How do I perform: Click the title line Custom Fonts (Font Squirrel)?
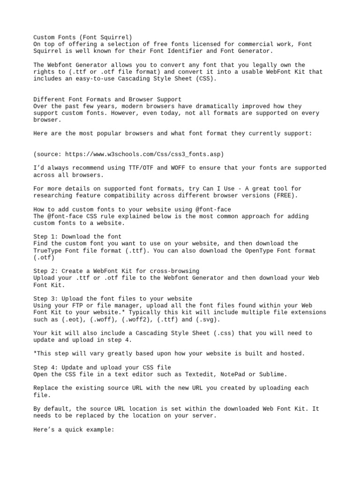pos(82,37)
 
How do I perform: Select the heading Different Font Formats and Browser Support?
pos(107,99)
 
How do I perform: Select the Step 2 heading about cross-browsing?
pos(116,271)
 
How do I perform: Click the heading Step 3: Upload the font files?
pos(112,299)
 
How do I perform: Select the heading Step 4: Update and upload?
pos(102,367)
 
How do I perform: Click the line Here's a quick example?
pos(74,429)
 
